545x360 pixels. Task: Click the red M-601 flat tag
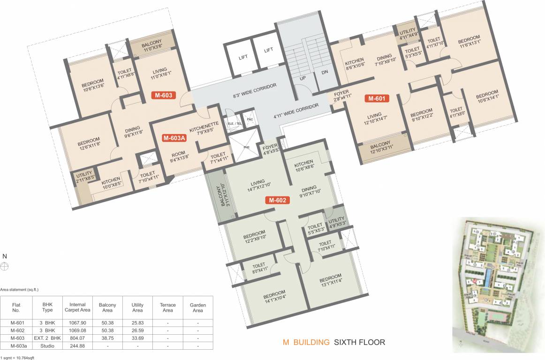tap(377, 98)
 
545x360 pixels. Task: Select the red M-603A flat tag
tap(174, 138)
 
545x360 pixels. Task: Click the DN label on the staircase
tap(325, 73)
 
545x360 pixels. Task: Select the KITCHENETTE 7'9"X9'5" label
tap(204, 127)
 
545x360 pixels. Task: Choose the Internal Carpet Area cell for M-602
tap(77, 330)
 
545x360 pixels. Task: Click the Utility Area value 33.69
tap(137, 338)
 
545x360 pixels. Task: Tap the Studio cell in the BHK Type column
tap(47, 346)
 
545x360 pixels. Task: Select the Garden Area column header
tap(197, 307)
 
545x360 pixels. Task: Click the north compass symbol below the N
tap(5, 266)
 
